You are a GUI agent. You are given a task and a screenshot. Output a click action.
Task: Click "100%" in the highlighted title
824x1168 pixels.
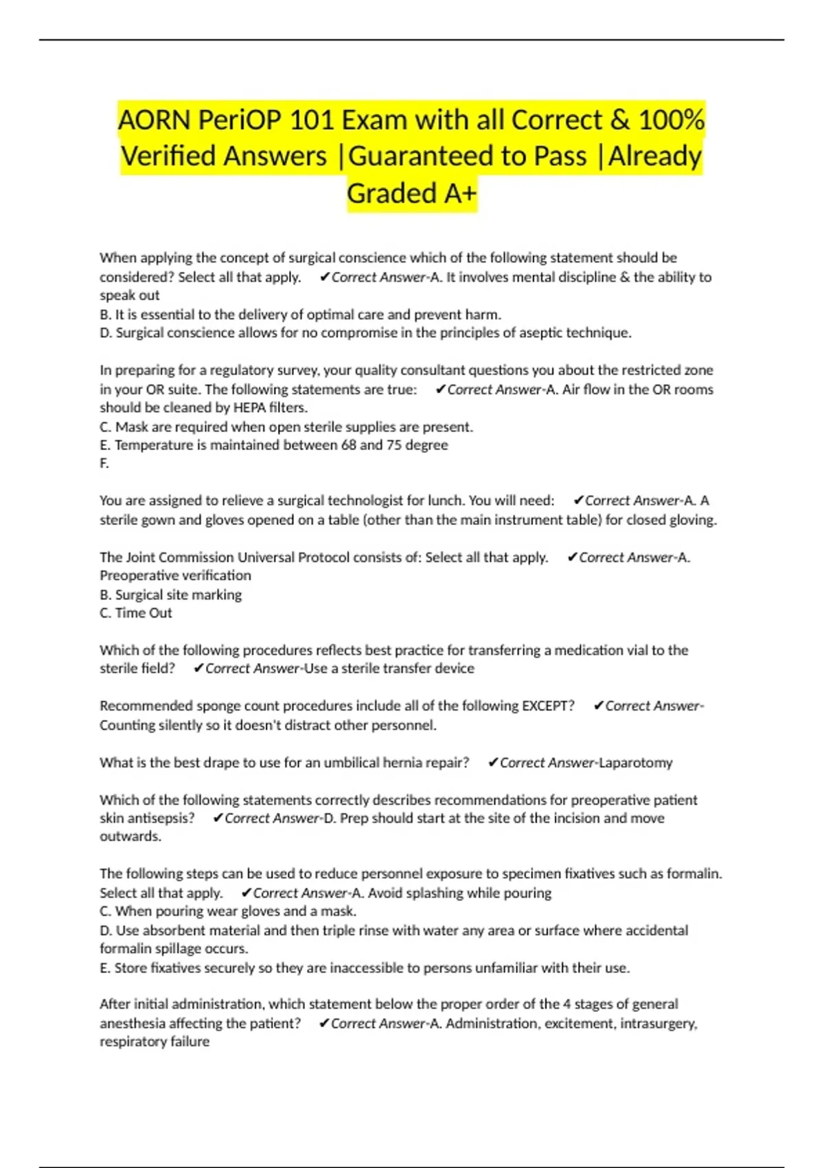coord(671,120)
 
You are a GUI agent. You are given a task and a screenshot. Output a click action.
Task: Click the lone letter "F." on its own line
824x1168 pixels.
coord(104,464)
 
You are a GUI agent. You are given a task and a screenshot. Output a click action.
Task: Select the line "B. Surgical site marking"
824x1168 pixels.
coord(171,595)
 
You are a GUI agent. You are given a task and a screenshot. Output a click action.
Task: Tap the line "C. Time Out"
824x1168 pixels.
coord(136,614)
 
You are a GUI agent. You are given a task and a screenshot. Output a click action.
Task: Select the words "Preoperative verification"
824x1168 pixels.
coord(175,576)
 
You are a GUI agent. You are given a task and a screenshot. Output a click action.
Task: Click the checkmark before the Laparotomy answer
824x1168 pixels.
coord(492,763)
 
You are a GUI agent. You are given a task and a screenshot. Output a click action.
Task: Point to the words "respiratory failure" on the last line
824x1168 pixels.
coord(154,1042)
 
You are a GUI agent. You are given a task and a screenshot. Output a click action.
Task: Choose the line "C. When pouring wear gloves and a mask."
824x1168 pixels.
coord(228,912)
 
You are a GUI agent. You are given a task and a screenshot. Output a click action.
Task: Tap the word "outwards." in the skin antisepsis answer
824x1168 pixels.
coord(130,837)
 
